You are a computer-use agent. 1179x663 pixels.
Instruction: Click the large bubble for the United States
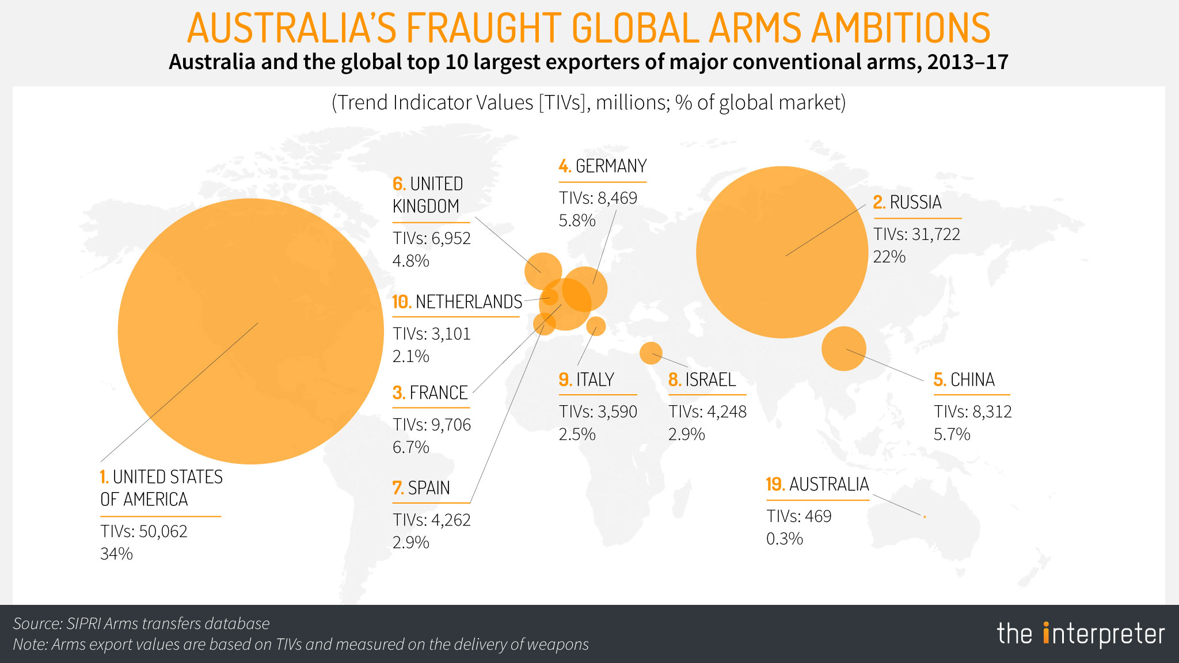[250, 331]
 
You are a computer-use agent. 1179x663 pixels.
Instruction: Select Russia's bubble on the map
[781, 252]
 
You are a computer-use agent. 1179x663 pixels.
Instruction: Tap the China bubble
[843, 348]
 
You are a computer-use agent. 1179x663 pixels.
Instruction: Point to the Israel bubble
[651, 353]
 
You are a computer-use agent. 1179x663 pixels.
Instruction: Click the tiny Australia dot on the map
[925, 517]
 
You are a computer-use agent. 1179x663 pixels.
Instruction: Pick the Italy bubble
[596, 326]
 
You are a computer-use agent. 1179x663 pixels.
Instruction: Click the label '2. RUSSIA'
[907, 203]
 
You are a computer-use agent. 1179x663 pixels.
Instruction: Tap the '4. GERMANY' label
[603, 166]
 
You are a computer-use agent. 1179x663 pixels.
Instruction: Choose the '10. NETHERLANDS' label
[457, 302]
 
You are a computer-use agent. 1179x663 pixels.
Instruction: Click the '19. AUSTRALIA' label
[817, 485]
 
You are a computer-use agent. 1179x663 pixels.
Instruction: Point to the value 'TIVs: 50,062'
[144, 531]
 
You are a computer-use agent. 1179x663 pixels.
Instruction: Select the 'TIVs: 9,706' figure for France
[432, 425]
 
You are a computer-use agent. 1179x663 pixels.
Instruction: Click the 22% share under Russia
[889, 257]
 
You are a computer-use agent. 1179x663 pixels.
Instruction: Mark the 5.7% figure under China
[952, 434]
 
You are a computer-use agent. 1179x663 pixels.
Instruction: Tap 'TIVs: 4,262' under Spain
[432, 520]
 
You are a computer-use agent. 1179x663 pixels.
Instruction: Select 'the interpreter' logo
[1081, 634]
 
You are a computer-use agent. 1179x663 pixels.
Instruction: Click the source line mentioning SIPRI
[141, 623]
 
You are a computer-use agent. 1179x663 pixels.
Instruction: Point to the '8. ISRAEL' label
[702, 380]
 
